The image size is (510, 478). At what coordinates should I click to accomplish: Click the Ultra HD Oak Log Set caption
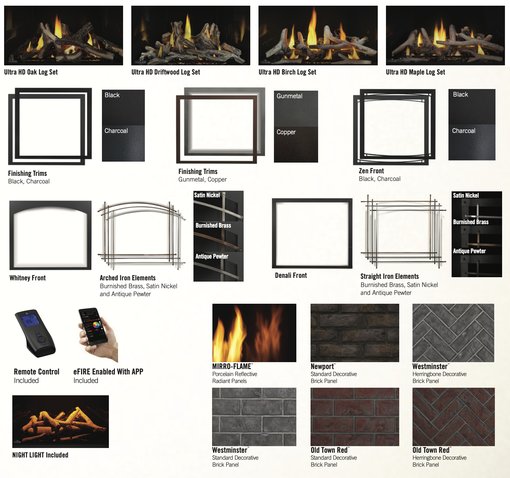pos(31,72)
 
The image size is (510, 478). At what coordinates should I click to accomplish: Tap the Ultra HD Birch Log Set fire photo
pos(318,35)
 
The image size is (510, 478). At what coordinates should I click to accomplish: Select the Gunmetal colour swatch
pos(296,109)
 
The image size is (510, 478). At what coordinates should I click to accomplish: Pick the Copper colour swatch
pos(296,145)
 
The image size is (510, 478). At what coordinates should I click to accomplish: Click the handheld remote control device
pos(35,333)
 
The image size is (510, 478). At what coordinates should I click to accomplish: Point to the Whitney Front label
pos(27,278)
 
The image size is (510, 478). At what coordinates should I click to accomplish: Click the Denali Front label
pos(291,275)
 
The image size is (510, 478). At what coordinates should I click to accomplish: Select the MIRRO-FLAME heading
pos(232,366)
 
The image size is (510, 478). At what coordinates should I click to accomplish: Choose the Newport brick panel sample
pos(355,333)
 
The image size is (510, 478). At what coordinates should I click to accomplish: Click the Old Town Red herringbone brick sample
pos(454,417)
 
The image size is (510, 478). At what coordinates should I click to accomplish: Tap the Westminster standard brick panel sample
pos(254,417)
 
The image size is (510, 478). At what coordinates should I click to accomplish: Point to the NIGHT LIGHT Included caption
pos(40,455)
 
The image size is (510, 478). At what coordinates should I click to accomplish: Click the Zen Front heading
pos(371,171)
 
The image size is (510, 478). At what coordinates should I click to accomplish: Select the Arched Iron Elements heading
pos(127,278)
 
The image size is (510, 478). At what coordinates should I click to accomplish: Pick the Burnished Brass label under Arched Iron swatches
pos(213,225)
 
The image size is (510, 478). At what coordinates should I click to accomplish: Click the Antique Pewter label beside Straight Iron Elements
pos(469,251)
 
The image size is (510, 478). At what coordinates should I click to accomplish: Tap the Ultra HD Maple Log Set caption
pos(415,72)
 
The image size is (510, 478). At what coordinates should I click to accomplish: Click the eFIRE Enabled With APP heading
pos(108,372)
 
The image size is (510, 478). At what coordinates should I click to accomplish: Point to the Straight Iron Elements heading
pos(389,276)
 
